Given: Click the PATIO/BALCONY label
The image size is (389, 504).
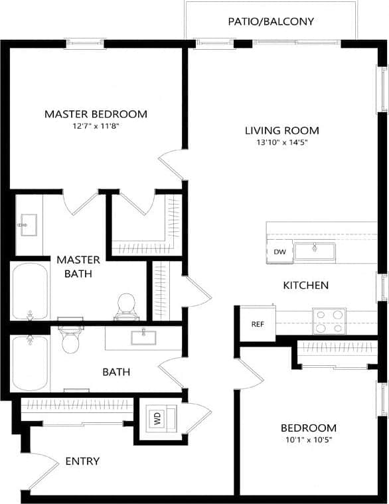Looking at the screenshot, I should (271, 22).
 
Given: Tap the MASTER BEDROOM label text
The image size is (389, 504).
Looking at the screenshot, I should (96, 114).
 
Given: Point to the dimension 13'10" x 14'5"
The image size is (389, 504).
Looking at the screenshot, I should (281, 142).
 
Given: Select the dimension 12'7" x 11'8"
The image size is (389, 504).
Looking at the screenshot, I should (96, 126).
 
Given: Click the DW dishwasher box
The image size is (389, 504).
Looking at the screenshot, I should (279, 252).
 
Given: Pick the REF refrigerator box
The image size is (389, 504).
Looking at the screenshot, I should (258, 325).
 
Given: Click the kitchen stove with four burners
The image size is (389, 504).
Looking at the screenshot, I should (329, 321).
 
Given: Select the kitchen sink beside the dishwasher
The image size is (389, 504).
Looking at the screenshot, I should (315, 252).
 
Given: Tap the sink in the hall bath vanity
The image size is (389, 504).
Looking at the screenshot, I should (143, 337).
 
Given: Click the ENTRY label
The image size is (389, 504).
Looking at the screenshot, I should (82, 462).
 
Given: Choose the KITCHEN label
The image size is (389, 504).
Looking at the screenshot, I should (305, 286).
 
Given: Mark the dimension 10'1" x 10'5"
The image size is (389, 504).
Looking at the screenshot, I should (308, 440).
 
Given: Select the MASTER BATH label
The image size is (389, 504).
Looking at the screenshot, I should (78, 266).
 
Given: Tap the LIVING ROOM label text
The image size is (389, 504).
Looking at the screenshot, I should (281, 131).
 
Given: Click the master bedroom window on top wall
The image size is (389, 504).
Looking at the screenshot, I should (85, 44).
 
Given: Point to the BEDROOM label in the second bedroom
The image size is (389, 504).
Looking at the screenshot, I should (308, 428).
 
